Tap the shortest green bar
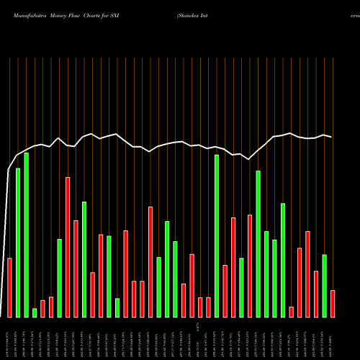(35, 312)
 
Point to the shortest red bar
(291, 312)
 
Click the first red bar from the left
(10, 287)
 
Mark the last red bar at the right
(332, 303)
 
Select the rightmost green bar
(324, 286)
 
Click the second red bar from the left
(42, 308)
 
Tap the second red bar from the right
(315, 294)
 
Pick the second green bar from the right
(282, 260)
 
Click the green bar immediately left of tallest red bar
(60, 278)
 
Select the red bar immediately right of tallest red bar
(76, 269)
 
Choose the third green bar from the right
(274, 278)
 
